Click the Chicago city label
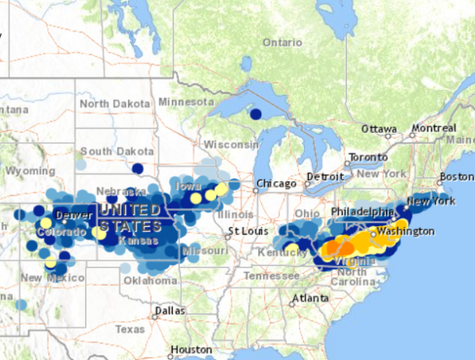[275, 184]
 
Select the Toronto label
[369, 157]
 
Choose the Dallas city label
[170, 312]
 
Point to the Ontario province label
[283, 42]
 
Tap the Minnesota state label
[186, 102]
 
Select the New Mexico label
[41, 277]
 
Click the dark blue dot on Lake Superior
[255, 114]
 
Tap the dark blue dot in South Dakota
[137, 168]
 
